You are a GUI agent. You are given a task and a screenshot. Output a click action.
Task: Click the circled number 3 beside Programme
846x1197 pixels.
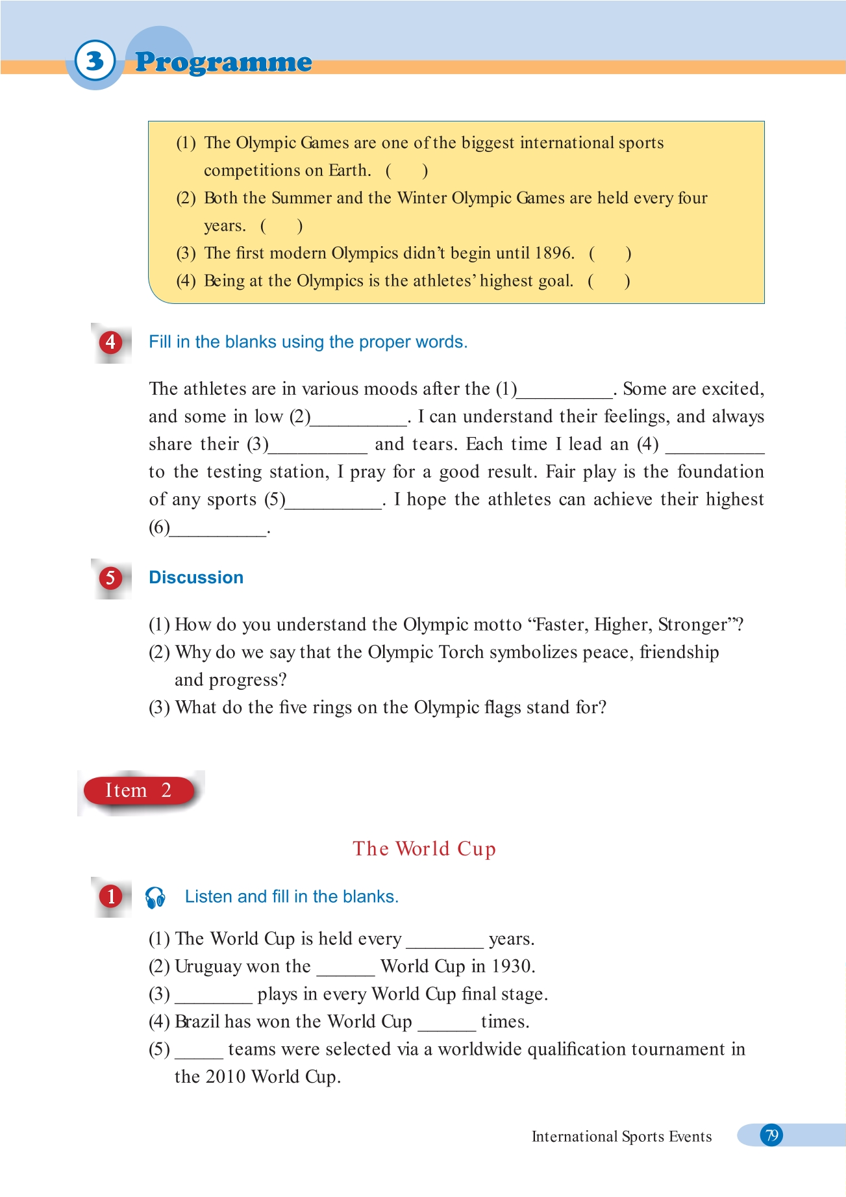pos(95,61)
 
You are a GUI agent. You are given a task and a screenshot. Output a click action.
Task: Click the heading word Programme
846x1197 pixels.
pos(223,62)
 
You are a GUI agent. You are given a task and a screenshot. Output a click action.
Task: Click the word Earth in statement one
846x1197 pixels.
pos(349,170)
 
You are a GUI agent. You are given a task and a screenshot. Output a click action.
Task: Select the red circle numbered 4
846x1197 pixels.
pos(110,342)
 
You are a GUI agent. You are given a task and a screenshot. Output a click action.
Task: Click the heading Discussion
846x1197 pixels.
pos(196,577)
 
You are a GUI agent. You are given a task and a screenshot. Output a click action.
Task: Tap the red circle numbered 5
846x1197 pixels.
pos(110,577)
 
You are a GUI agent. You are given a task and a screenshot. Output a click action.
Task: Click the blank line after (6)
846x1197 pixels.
pos(218,529)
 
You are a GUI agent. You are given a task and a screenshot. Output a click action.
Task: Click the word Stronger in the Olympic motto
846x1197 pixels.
pos(693,625)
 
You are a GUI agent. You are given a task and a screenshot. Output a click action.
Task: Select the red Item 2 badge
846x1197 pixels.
pos(138,790)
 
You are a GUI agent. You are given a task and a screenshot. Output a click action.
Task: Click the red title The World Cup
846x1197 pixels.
pos(424,849)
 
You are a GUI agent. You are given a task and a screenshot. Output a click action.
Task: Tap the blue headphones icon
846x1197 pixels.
pos(155,897)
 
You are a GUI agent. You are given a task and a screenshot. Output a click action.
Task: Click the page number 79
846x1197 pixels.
pos(771,1135)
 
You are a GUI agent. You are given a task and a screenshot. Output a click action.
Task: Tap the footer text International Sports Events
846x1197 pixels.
pos(621,1137)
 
